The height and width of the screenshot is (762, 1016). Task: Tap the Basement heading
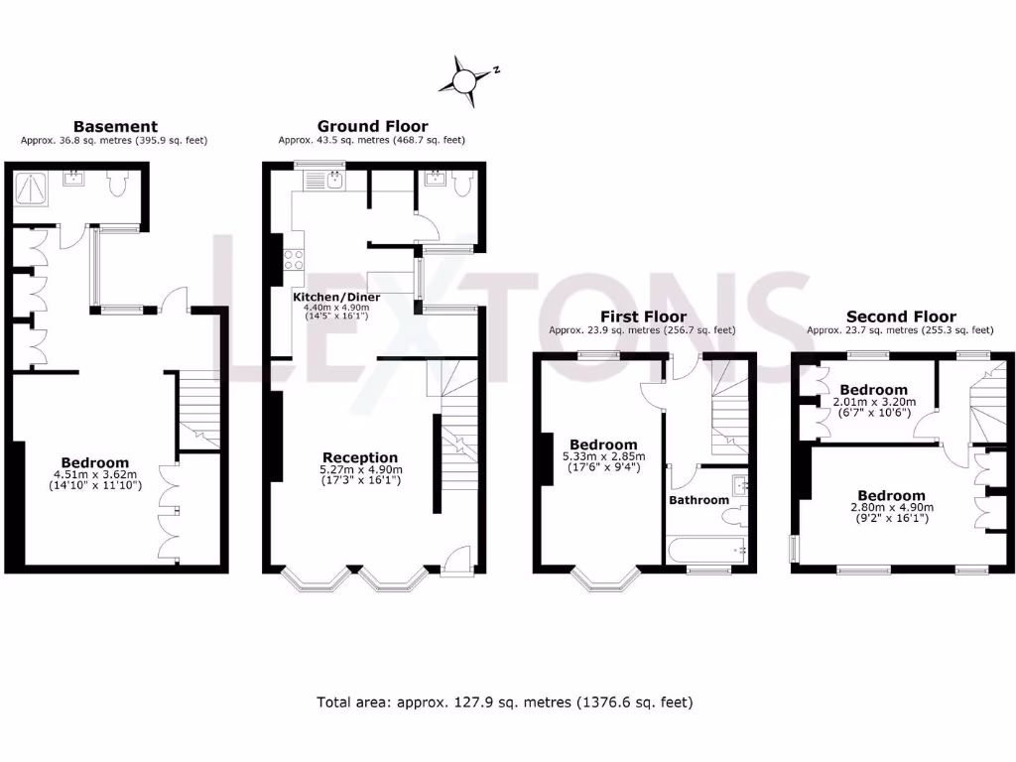click(x=115, y=126)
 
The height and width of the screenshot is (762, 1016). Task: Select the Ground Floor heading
click(x=372, y=126)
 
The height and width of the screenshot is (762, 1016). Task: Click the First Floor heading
click(x=643, y=317)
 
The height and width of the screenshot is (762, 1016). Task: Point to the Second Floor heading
click(x=901, y=317)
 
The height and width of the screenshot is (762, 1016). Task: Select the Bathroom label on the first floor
click(x=698, y=500)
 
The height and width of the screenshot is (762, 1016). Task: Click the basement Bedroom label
click(x=95, y=462)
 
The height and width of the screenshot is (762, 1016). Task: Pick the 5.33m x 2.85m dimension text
click(x=603, y=456)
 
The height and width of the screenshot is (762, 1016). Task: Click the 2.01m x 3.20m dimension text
click(x=873, y=402)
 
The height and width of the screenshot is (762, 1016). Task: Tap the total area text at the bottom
click(x=504, y=702)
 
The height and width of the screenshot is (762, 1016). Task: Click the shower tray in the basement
click(x=36, y=185)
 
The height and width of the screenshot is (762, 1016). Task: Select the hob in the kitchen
click(x=294, y=259)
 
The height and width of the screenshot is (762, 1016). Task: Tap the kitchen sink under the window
click(x=334, y=180)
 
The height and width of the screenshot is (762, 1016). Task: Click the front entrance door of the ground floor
click(x=457, y=562)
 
